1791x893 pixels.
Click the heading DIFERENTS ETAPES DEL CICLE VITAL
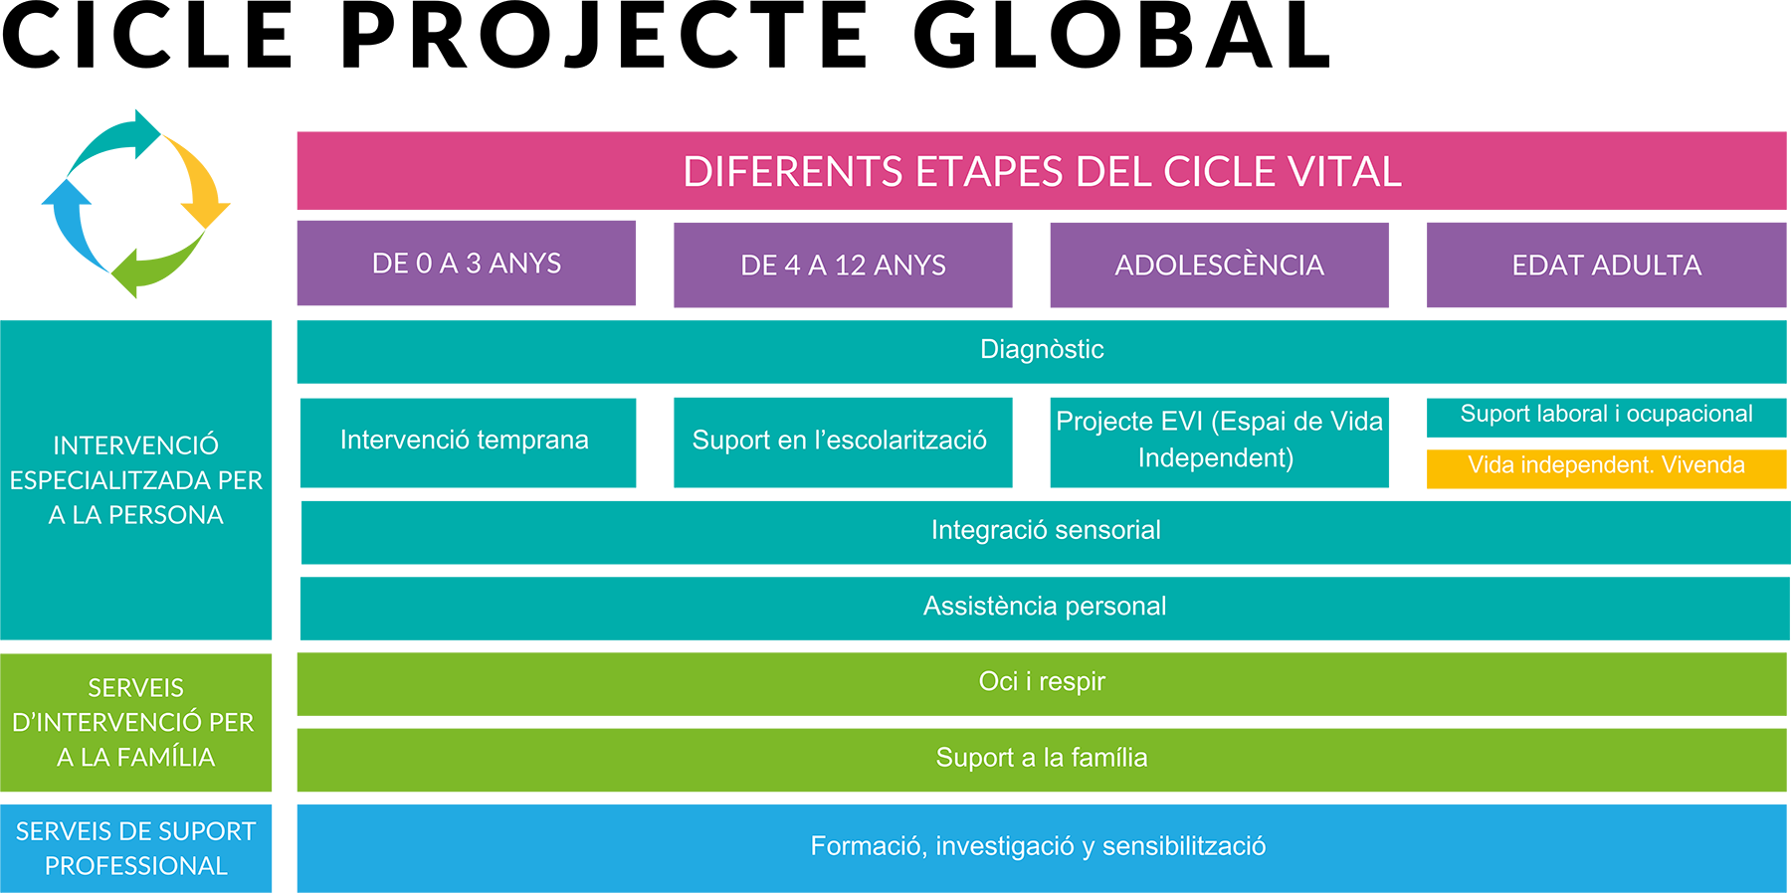(1042, 172)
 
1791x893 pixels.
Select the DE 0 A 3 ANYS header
(466, 264)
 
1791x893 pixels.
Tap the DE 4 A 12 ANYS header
(843, 266)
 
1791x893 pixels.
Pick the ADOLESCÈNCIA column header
(1219, 266)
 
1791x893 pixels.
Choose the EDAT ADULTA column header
(1606, 266)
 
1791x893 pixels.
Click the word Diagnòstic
(1042, 349)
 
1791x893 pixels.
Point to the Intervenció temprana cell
(464, 440)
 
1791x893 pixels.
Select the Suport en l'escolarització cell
(839, 440)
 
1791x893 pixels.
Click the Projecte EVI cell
(1218, 439)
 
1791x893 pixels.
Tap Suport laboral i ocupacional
(1606, 414)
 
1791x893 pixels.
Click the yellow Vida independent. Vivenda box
(1606, 465)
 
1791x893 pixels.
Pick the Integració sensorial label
(1046, 530)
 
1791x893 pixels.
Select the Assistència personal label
(1045, 606)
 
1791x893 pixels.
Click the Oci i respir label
(1042, 681)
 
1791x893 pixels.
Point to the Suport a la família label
(1042, 758)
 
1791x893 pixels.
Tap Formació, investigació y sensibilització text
(1038, 846)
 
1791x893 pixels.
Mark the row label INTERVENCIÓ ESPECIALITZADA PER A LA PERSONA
(136, 480)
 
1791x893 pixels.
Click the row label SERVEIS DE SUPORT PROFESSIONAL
(136, 848)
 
